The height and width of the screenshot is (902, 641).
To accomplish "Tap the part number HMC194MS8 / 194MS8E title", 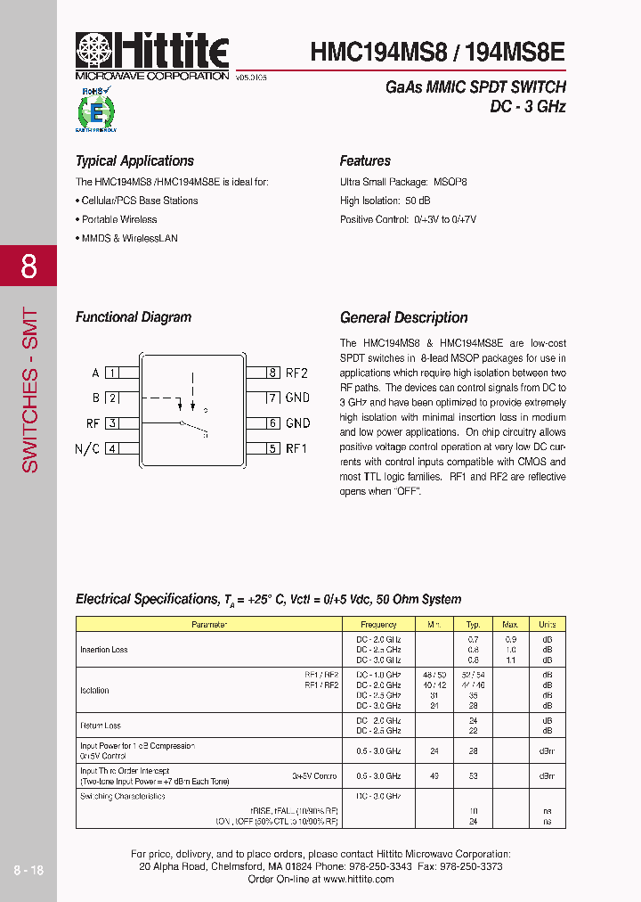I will tap(437, 52).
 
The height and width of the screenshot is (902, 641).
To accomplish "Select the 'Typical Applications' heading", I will tap(134, 161).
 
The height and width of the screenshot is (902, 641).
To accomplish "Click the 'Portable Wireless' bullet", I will tap(118, 219).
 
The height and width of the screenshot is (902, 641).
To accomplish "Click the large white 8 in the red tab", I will tap(28, 266).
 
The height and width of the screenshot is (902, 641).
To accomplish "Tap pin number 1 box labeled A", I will tap(112, 373).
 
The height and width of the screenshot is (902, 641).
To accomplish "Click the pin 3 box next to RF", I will tap(112, 423).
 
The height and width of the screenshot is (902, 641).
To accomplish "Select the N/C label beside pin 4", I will tap(87, 448).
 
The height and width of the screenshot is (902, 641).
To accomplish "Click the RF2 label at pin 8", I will tap(296, 373).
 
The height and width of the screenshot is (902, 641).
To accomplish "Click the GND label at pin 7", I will tap(297, 398).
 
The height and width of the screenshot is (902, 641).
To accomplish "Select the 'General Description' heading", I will tap(403, 318).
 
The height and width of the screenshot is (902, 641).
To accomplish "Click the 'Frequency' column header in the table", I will tap(379, 625).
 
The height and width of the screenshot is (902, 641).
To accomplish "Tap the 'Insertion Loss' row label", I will tap(104, 650).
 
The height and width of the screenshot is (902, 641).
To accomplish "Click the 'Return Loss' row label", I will tap(101, 726).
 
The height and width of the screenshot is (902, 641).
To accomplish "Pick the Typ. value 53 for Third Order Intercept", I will tap(474, 776).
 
